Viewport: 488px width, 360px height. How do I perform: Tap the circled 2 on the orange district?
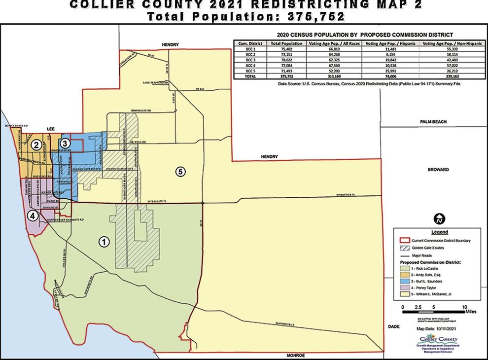tap(35, 145)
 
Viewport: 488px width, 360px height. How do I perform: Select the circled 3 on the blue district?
tap(66, 143)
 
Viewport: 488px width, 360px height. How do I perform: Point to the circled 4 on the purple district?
tap(32, 216)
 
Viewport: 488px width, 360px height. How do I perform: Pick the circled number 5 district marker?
tap(180, 172)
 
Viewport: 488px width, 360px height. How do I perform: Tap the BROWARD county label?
tap(438, 170)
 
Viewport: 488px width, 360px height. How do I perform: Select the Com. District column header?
tap(249, 43)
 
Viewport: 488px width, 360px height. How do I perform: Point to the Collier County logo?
tap(437, 344)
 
